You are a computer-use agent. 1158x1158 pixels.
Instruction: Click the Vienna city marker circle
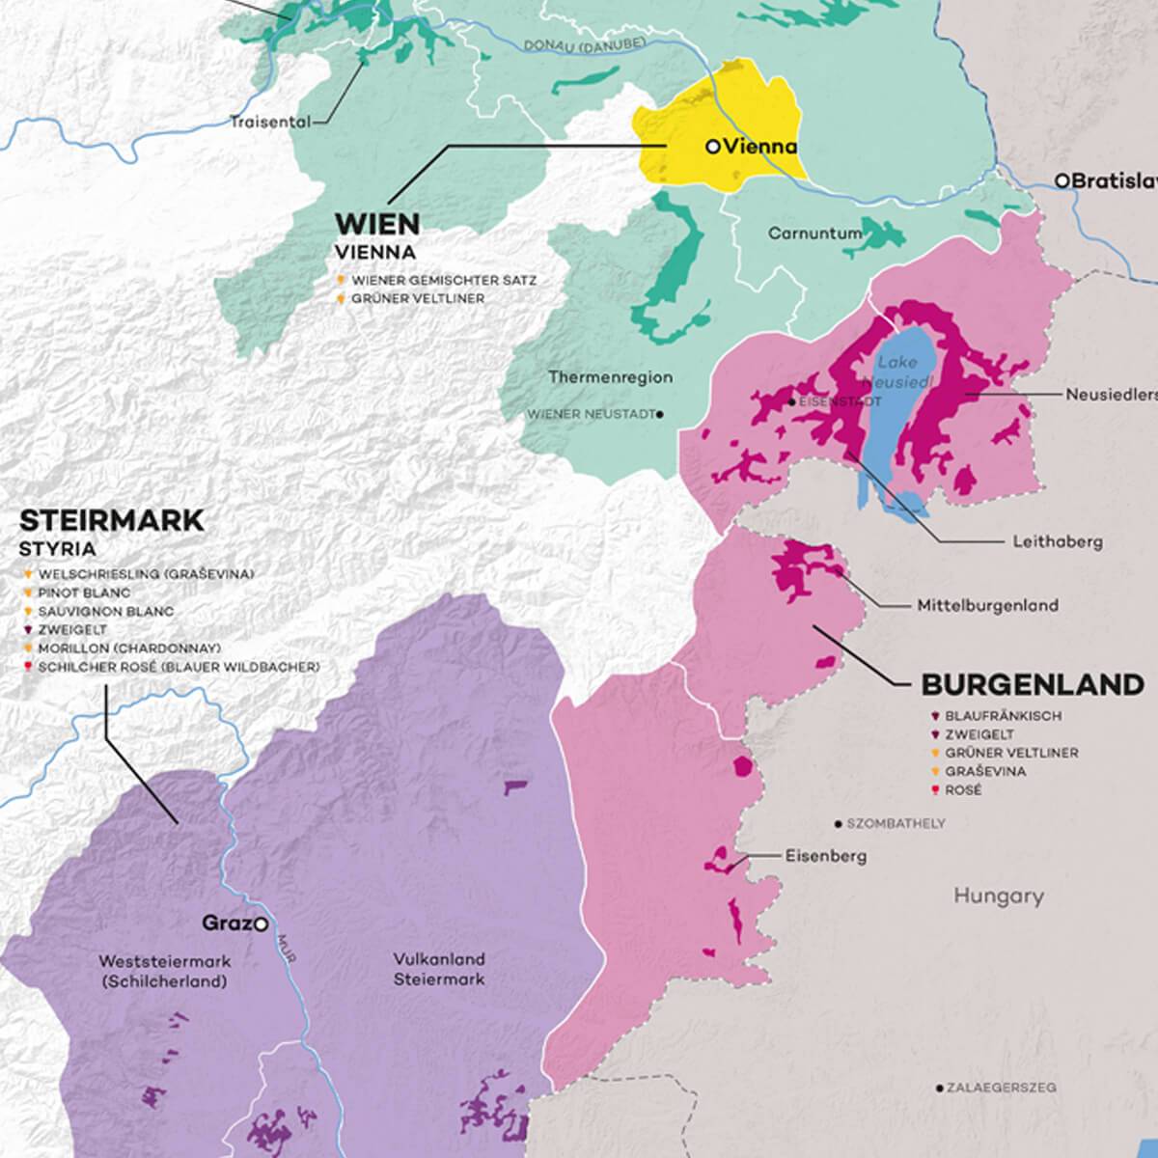[x=712, y=147]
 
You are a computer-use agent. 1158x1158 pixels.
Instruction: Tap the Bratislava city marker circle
[x=1061, y=180]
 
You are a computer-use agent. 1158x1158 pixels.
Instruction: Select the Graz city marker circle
[x=261, y=924]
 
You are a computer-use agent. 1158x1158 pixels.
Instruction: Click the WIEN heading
[x=377, y=225]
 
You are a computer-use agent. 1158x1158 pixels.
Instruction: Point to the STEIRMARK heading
[x=112, y=521]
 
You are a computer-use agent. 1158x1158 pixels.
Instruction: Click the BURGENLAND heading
[x=1033, y=685]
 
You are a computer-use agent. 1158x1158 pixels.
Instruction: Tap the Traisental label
[x=270, y=123]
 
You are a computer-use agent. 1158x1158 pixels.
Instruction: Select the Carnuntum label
[x=808, y=234]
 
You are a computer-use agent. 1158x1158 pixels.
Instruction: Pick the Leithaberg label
[x=1057, y=541]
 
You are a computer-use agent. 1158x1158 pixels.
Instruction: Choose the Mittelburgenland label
[x=987, y=606]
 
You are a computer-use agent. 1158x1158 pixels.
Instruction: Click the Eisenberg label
[x=825, y=855]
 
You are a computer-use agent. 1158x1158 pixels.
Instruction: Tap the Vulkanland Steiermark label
[x=439, y=969]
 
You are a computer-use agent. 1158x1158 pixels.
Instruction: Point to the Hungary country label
[x=999, y=896]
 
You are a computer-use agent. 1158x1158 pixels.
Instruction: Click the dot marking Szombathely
[x=838, y=824]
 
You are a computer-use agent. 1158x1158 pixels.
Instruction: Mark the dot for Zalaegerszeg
[x=939, y=1088]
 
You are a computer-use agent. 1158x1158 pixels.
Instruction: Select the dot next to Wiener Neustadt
[x=659, y=414]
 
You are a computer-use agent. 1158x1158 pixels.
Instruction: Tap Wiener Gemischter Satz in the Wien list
[x=444, y=280]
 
